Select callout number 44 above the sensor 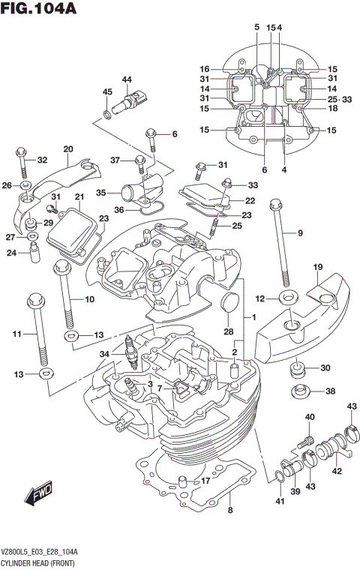[126, 79]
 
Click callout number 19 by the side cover [318, 267]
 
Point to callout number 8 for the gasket [231, 512]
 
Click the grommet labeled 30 [297, 369]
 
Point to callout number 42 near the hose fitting [337, 470]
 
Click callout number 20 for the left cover [67, 148]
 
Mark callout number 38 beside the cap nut [331, 391]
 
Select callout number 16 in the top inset [204, 69]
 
